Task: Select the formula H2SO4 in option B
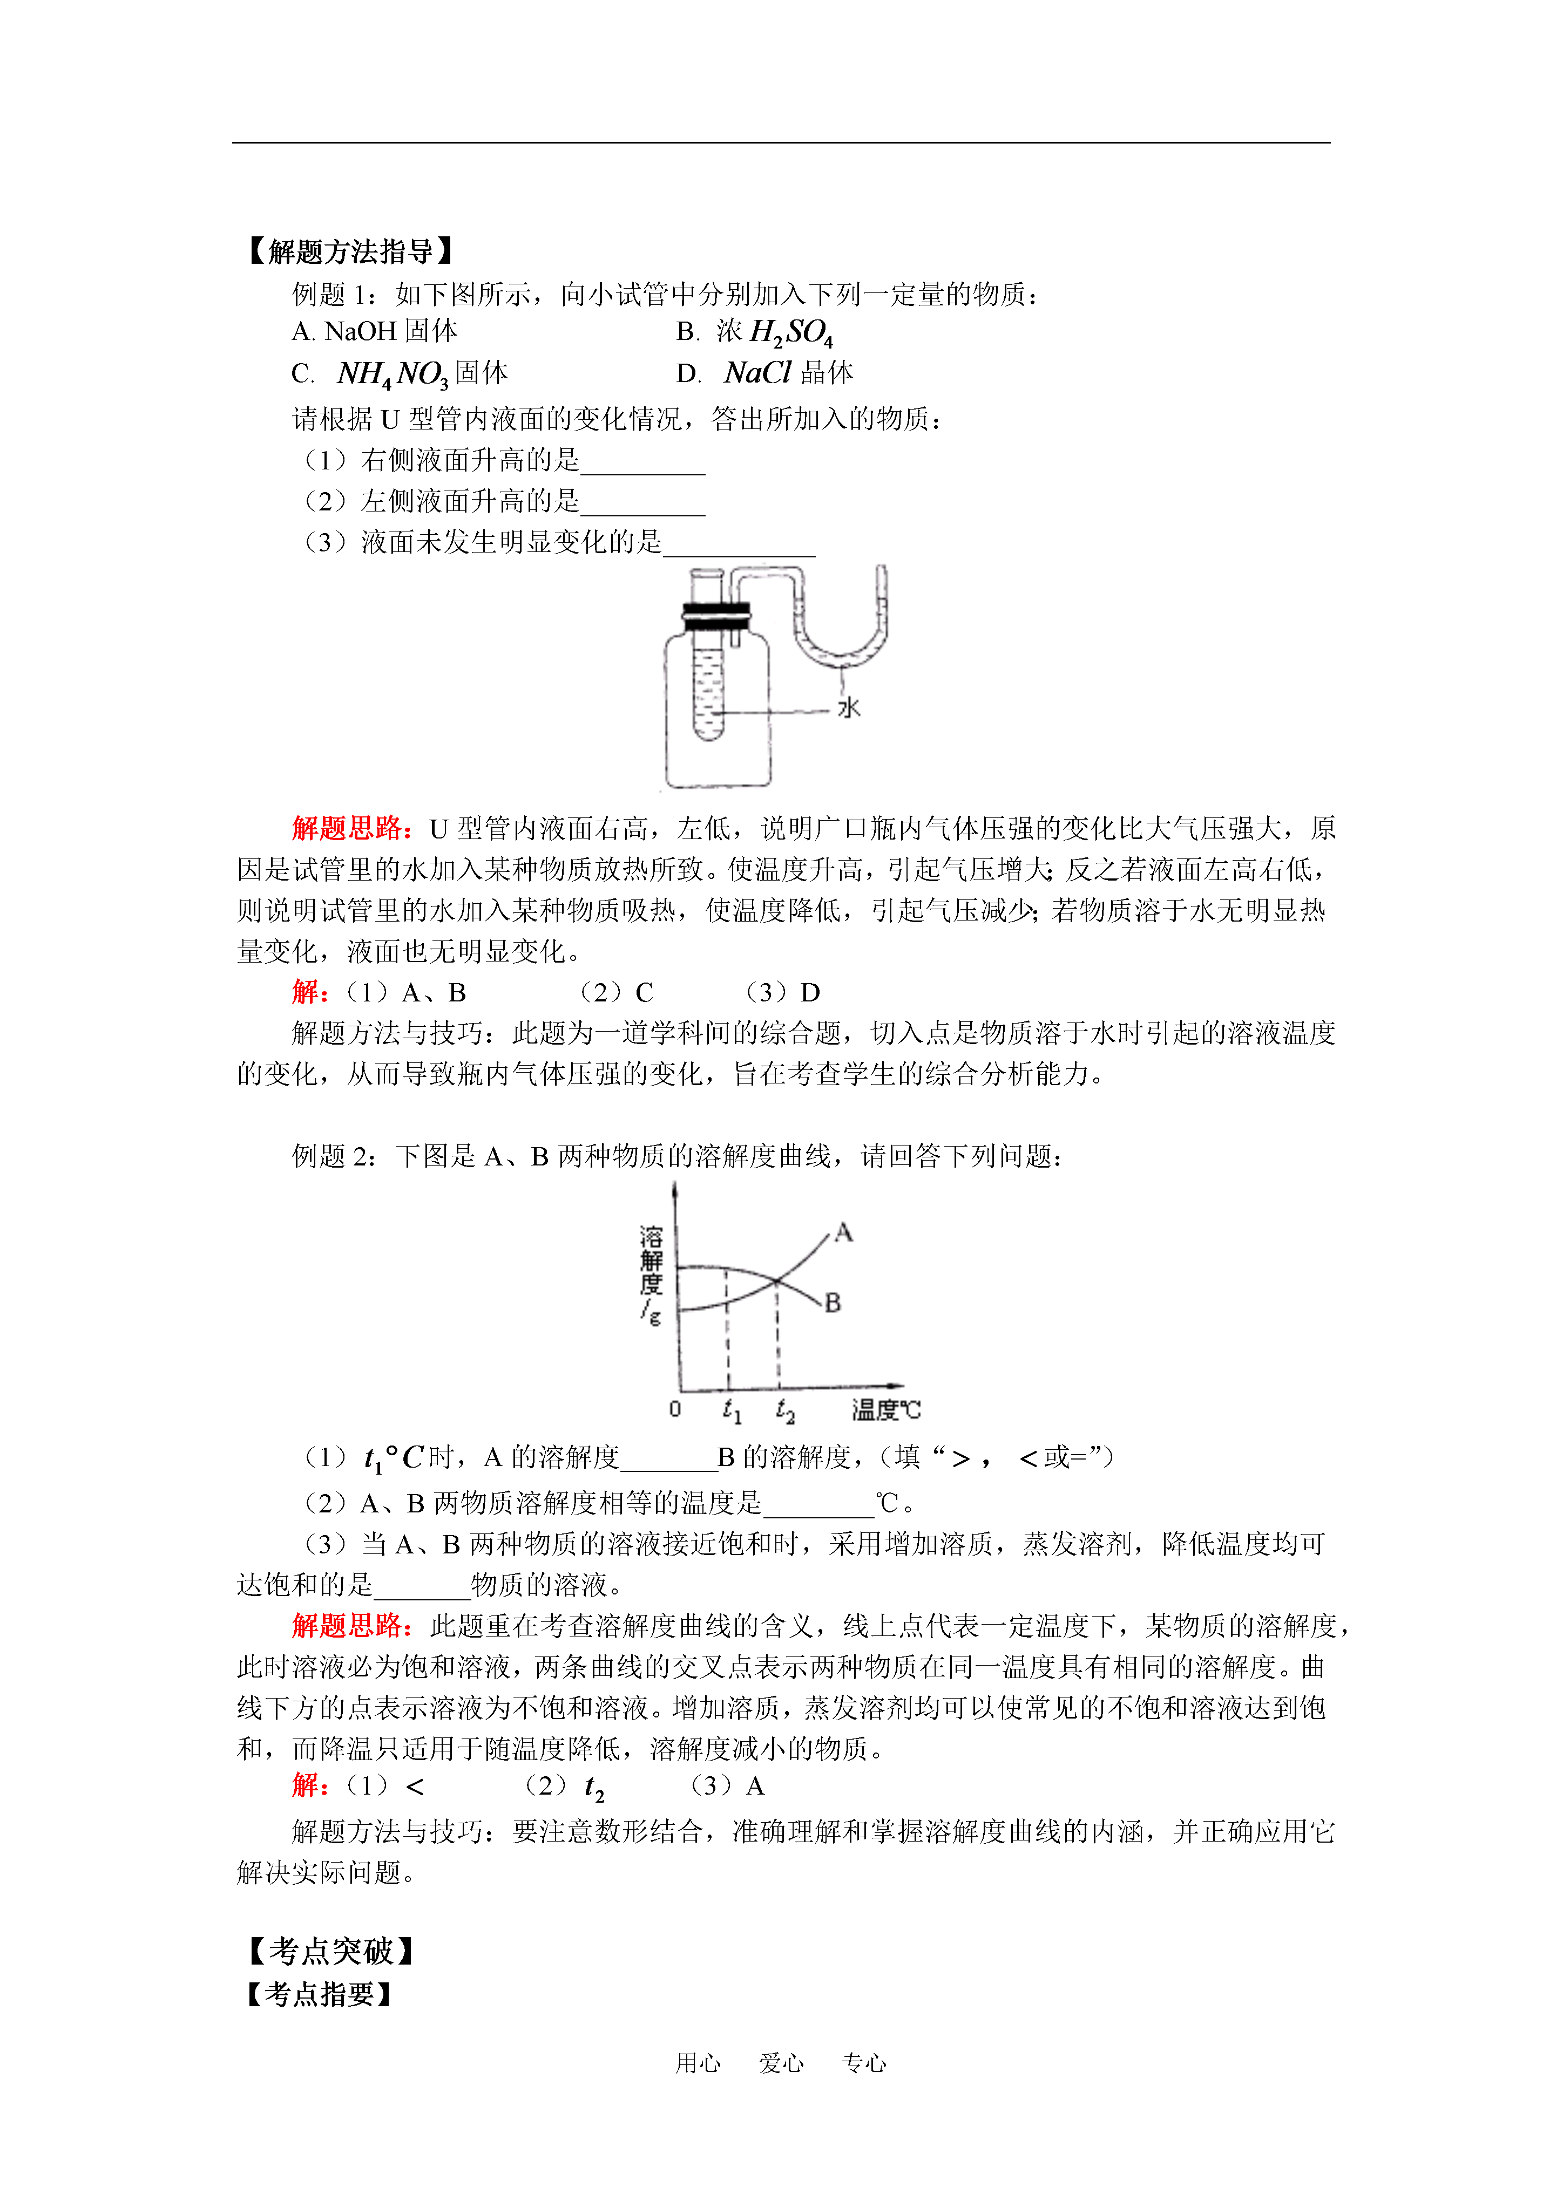[790, 333]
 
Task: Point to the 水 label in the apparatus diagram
[848, 708]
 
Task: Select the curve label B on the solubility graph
[833, 1303]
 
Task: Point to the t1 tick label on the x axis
[732, 1410]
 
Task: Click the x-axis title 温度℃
[885, 1410]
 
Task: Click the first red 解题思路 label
[352, 828]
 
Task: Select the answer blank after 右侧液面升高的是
[643, 462]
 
